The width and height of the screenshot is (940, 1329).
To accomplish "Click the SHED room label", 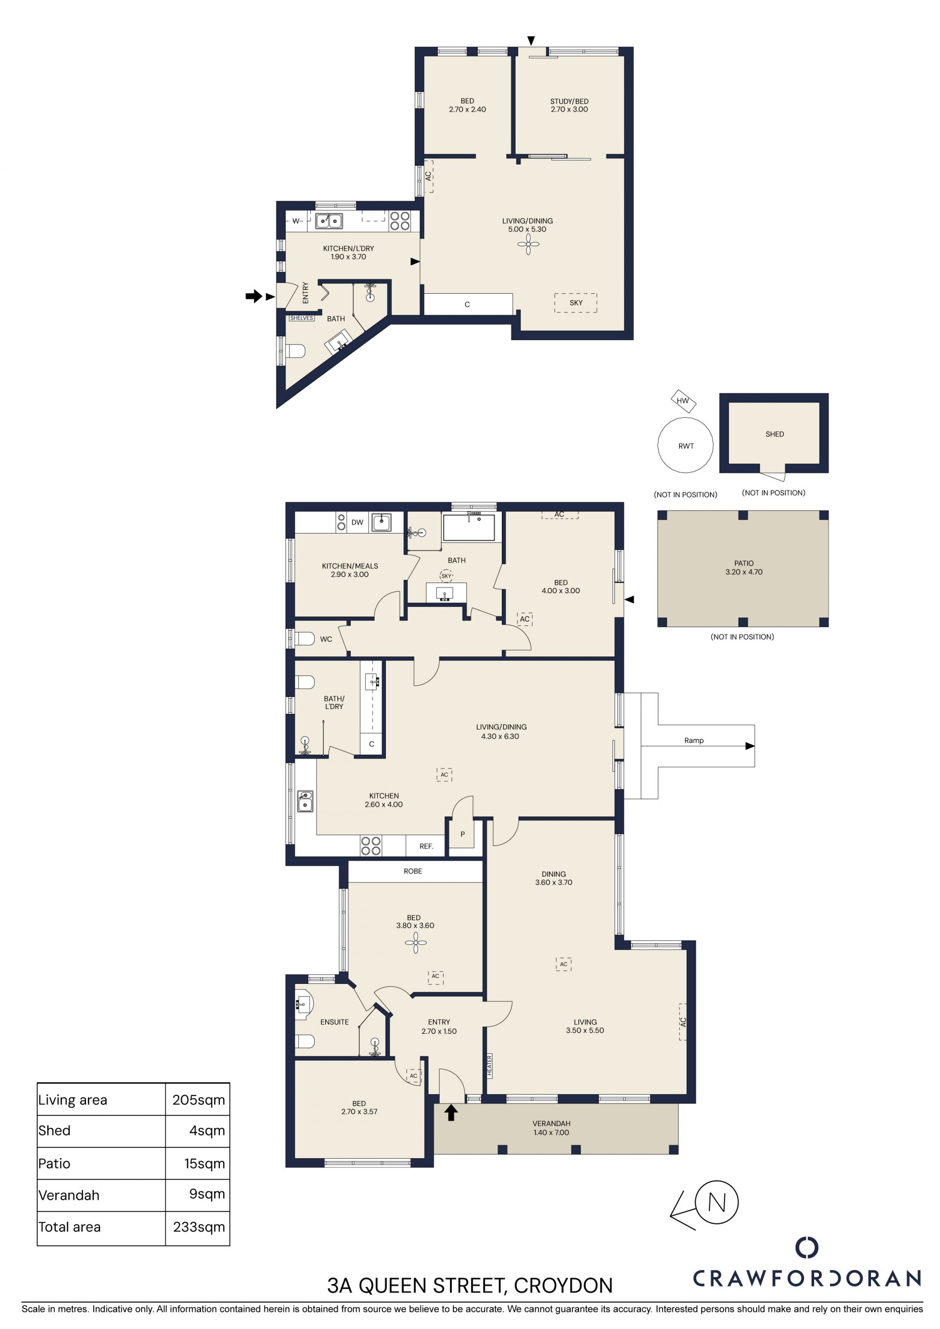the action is point(775,434).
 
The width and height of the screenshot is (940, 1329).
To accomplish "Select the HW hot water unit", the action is point(683,400).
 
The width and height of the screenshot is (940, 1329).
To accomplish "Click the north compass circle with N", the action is point(717,1202).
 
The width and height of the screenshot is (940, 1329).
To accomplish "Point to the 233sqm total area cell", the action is point(199,1227).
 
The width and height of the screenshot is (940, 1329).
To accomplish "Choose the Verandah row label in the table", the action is point(69,1195).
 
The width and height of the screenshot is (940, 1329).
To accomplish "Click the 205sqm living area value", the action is point(199,1100).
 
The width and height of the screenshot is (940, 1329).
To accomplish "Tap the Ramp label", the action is point(694,740).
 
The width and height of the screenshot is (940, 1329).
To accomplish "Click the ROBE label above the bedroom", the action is point(413,871).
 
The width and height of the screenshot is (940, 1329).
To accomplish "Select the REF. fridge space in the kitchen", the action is point(426,846).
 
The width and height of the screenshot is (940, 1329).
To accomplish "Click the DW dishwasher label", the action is point(358,522).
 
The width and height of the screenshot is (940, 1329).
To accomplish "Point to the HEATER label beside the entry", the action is point(489,1066).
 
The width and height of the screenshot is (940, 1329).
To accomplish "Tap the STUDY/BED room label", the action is point(569,101).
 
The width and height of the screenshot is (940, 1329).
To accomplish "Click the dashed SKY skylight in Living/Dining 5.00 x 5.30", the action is point(575,303).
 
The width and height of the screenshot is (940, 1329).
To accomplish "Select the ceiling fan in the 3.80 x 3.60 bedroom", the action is point(416,943).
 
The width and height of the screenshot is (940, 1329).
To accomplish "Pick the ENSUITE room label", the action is point(334,1022).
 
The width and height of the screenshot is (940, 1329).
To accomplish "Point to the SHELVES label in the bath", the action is point(302,318).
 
